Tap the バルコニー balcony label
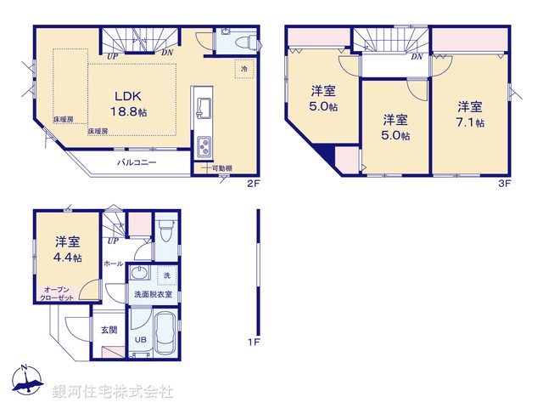pos(136,161)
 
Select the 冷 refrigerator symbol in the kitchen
pos(244,69)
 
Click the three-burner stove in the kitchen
pos(205,147)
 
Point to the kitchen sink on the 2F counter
pos(205,108)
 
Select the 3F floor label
pos(504,183)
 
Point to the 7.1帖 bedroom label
pos(470,114)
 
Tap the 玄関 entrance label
pos(109,329)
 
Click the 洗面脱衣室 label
pos(153,294)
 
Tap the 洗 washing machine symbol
pos(167,275)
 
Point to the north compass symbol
pos(27,382)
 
